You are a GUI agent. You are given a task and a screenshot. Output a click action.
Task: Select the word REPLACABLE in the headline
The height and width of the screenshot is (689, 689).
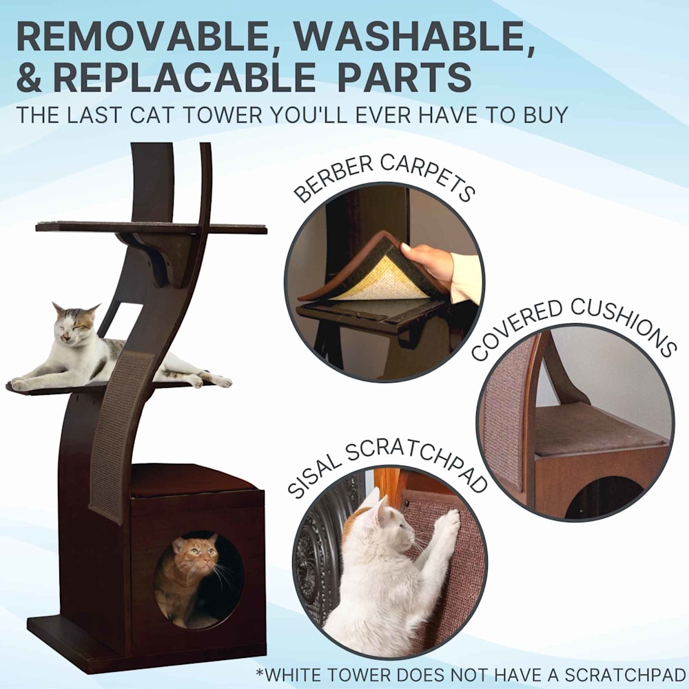coord(184,77)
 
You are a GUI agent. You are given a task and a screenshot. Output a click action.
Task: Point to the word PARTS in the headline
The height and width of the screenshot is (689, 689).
coord(404,77)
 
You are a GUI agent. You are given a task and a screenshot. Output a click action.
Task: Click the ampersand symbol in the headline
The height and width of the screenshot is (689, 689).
coord(30,77)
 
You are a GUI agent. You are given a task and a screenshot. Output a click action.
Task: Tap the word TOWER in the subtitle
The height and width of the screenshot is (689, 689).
coord(222,115)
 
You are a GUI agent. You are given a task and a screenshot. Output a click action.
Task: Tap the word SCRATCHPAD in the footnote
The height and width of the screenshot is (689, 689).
coord(625,675)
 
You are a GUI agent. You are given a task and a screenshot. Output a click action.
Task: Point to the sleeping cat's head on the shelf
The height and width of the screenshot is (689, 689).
coord(74,322)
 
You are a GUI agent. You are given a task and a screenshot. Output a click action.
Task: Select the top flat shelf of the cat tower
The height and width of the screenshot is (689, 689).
coord(151,227)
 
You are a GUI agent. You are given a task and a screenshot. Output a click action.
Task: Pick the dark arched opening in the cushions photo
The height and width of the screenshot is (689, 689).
coord(604,498)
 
